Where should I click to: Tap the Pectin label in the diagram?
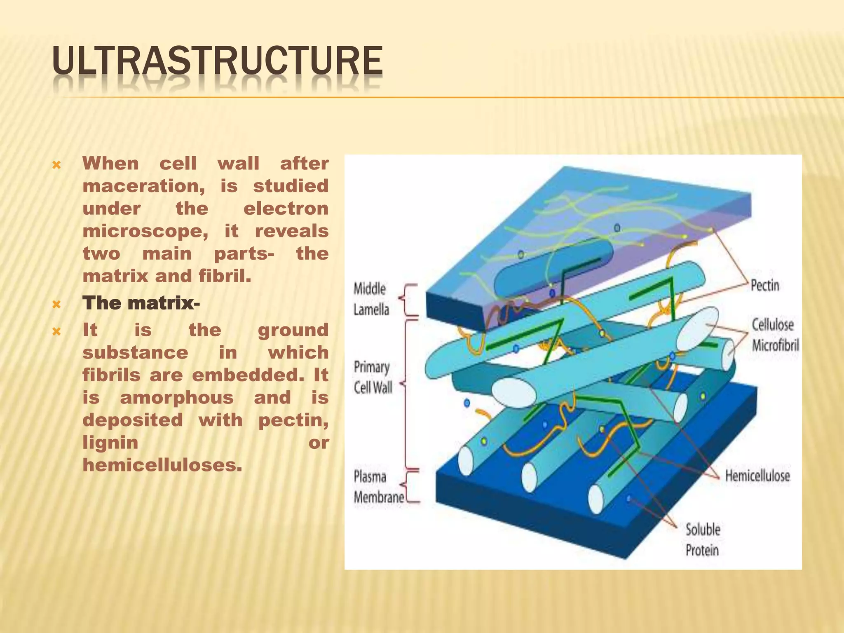click(x=764, y=285)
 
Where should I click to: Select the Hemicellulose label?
click(x=757, y=476)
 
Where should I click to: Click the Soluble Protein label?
click(x=703, y=539)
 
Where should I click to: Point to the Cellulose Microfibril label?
click(x=774, y=335)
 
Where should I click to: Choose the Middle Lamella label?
click(x=371, y=299)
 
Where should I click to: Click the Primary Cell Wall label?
click(x=373, y=377)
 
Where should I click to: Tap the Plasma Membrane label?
click(x=378, y=487)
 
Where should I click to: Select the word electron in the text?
click(x=286, y=209)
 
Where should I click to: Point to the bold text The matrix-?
click(x=141, y=303)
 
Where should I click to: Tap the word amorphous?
click(x=177, y=398)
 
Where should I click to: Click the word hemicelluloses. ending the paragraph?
click(x=162, y=465)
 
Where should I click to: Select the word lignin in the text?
click(x=110, y=443)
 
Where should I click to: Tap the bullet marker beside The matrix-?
click(x=57, y=305)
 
